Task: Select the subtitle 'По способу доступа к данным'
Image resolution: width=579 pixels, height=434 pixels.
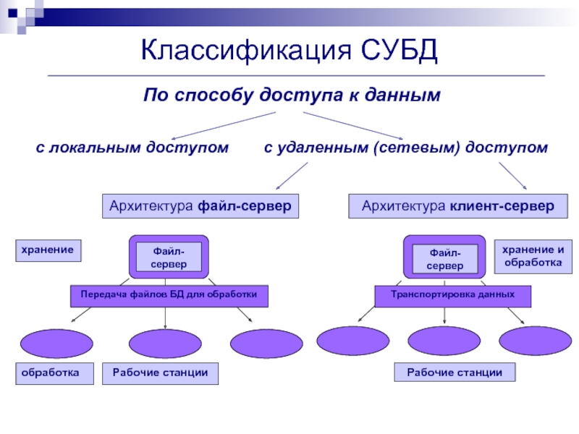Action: pos(292,95)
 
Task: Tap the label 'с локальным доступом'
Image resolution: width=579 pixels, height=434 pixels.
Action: pos(132,148)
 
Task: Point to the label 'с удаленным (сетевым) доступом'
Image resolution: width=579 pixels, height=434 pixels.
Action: pos(405,148)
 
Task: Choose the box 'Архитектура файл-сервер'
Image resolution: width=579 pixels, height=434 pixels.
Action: pos(200,206)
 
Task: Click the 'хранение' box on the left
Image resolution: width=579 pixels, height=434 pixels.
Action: pos(47,250)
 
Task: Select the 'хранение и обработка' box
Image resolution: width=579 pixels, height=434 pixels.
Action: pos(532,256)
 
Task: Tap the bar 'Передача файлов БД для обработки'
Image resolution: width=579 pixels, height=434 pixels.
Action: pos(169,295)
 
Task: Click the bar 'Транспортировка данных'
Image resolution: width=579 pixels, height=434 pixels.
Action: pos(452,295)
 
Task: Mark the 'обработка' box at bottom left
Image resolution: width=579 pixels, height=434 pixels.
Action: pos(55,373)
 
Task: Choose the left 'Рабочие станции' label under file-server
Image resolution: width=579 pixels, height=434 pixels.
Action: pos(160,373)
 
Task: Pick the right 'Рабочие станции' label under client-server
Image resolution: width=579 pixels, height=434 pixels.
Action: pos(455,373)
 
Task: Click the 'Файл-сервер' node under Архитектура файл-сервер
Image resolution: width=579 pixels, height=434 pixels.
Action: pos(169,258)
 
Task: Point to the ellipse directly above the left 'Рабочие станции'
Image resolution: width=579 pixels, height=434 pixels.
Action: pos(165,344)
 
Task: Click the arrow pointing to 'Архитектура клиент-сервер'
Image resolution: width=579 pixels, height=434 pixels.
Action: pos(512,176)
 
